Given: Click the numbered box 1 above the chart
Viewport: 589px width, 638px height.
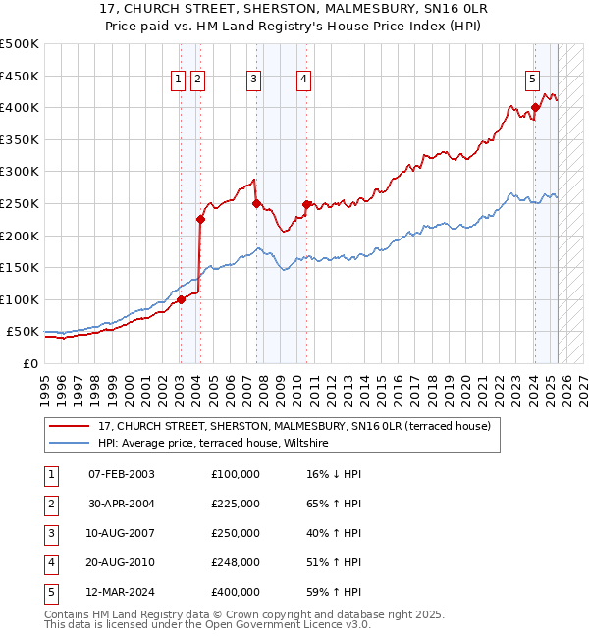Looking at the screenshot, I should [179, 80].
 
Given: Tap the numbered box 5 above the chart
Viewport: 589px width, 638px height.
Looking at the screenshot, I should [531, 80].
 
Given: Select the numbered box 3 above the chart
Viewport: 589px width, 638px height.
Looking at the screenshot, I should [253, 80].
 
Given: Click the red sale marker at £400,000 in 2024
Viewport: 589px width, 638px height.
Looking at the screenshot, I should [535, 108].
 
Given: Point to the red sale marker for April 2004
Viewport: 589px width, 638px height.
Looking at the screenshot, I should [200, 220].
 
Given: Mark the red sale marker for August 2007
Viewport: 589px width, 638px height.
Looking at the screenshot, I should [256, 204].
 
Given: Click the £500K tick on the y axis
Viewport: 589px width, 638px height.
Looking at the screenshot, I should [20, 44].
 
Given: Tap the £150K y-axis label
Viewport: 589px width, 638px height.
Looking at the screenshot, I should [20, 267].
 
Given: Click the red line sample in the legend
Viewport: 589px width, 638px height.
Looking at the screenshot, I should [69, 426].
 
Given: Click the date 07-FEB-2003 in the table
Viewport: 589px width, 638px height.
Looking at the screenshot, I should [122, 474].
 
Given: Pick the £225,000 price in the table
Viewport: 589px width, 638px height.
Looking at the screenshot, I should [236, 504].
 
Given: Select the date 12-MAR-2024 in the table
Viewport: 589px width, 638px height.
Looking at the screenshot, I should [122, 592].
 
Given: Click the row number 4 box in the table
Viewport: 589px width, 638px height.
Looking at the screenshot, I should [49, 562].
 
